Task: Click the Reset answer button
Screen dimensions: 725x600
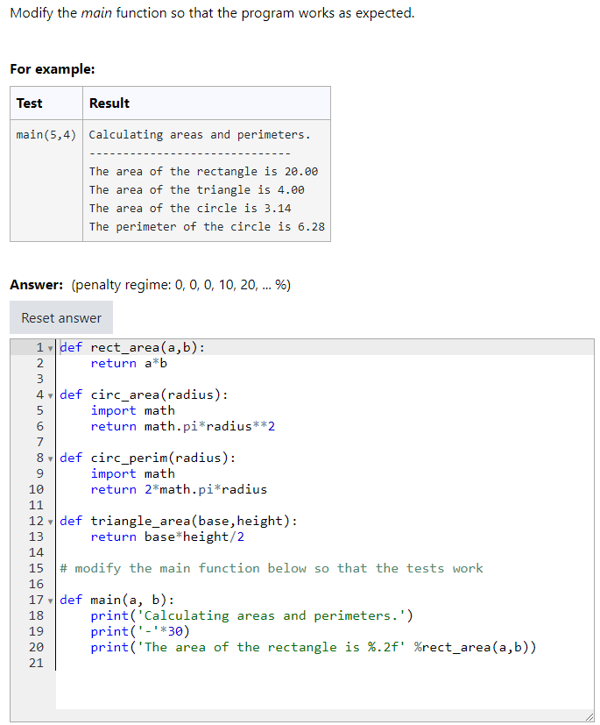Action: click(x=61, y=318)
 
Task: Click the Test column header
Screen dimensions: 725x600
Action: click(x=29, y=103)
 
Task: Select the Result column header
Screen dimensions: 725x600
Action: click(x=109, y=103)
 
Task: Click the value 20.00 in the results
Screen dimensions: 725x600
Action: click(x=301, y=172)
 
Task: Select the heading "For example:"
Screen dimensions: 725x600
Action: click(x=53, y=69)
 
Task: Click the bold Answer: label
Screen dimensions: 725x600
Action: click(x=36, y=285)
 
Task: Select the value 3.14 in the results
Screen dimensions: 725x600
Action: click(x=278, y=209)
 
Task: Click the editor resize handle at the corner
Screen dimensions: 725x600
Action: click(x=589, y=717)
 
